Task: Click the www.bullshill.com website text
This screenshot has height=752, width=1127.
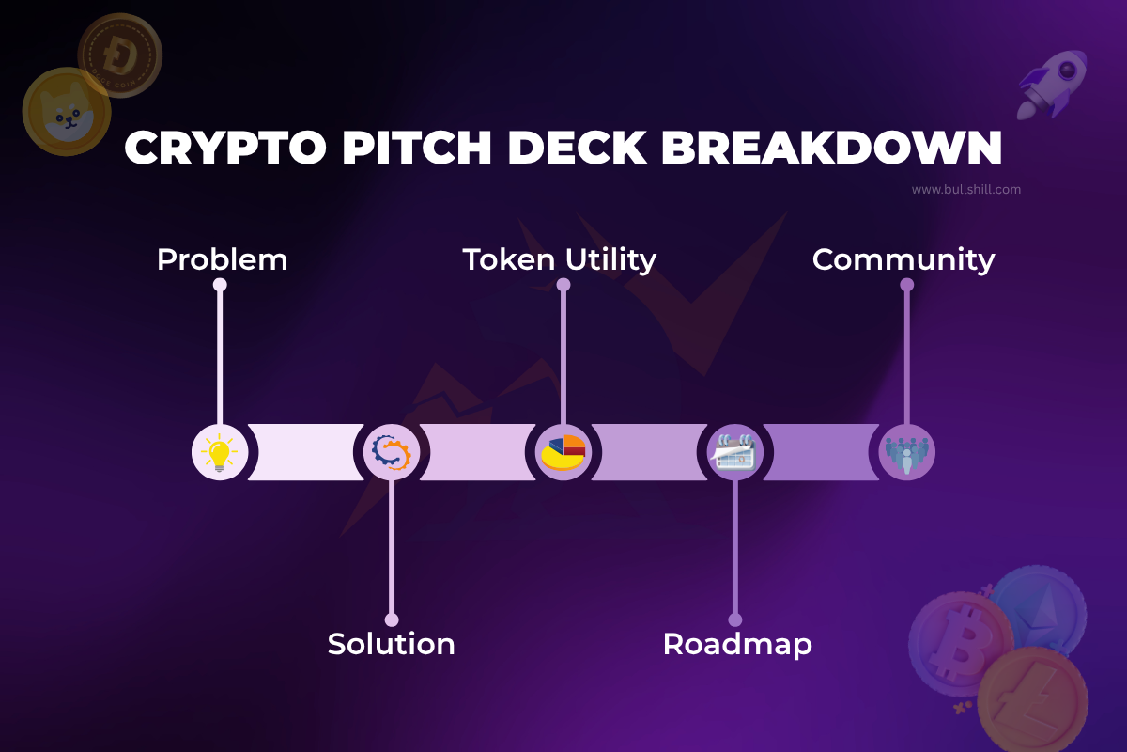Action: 965,189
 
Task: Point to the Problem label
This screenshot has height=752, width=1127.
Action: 222,259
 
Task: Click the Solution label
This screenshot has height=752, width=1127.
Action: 391,644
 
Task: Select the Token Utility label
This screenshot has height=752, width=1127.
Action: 560,259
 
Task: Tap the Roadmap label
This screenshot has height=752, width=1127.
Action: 737,644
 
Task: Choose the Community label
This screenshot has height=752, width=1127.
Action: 903,259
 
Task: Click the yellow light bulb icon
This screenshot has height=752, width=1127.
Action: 220,452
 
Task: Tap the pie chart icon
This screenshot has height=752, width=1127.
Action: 563,452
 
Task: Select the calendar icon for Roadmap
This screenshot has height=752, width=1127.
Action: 735,452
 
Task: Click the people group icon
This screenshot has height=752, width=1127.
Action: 906,452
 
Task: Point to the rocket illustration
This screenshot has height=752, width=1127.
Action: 1051,85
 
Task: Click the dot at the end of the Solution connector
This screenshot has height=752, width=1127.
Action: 392,619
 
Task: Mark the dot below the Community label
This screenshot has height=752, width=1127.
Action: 906,284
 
